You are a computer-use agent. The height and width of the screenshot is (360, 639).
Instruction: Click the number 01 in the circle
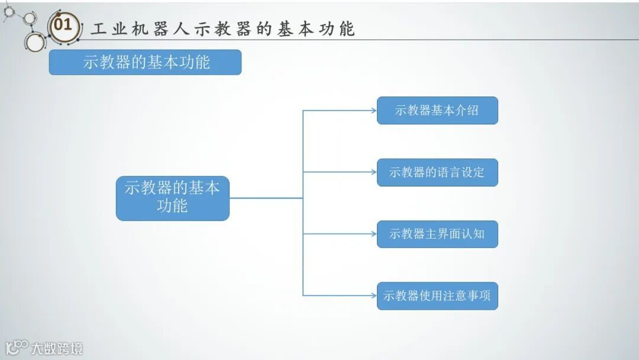(x=63, y=25)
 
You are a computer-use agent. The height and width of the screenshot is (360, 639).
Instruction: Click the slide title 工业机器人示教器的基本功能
(x=222, y=28)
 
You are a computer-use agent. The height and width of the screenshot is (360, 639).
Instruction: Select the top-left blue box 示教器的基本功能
(x=145, y=62)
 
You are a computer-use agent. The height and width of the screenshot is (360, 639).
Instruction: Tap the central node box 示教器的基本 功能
(x=172, y=198)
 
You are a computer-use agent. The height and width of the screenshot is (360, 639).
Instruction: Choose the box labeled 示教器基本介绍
(x=437, y=110)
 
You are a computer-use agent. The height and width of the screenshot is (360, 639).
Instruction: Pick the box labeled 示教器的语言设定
(x=437, y=172)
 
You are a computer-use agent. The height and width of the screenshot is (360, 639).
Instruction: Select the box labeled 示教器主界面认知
(x=437, y=234)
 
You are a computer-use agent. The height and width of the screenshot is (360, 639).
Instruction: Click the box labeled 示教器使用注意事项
(x=437, y=295)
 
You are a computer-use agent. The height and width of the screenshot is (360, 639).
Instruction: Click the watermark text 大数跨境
(x=57, y=348)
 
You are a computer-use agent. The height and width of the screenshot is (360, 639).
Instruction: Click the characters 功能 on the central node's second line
(x=172, y=206)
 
